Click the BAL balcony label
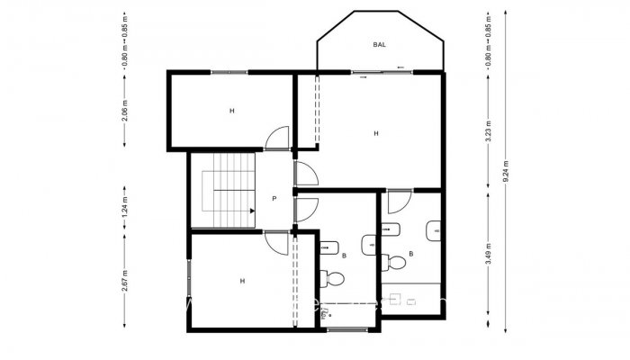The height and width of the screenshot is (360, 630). coord(381,44)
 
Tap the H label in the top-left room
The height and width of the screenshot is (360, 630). coord(231,111)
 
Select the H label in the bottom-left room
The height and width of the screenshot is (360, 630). coord(242,281)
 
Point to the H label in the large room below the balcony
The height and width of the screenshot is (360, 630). coord(376,133)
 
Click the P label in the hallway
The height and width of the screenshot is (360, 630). coord(274,198)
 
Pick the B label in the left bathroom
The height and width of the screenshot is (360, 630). coord(344,255)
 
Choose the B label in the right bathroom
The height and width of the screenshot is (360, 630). coord(411,254)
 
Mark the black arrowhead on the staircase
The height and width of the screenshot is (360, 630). coord(252,211)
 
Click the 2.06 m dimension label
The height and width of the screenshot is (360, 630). coord(124,111)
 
